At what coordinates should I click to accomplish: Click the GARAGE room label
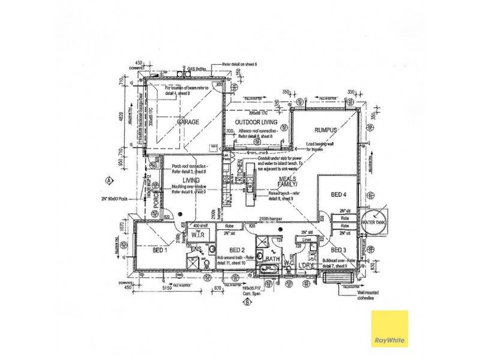coord(187,122)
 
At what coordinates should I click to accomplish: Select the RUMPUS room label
coord(326,130)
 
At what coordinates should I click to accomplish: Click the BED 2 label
coord(236,250)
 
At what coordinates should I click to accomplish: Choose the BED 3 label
coord(338,250)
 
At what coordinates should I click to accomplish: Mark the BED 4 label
coord(338,194)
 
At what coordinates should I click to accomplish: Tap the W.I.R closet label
coord(198,236)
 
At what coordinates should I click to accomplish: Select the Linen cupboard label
coord(306,239)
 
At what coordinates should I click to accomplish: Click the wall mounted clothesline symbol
coord(331,278)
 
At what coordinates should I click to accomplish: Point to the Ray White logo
coord(389,328)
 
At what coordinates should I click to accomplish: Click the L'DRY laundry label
coord(306,265)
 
